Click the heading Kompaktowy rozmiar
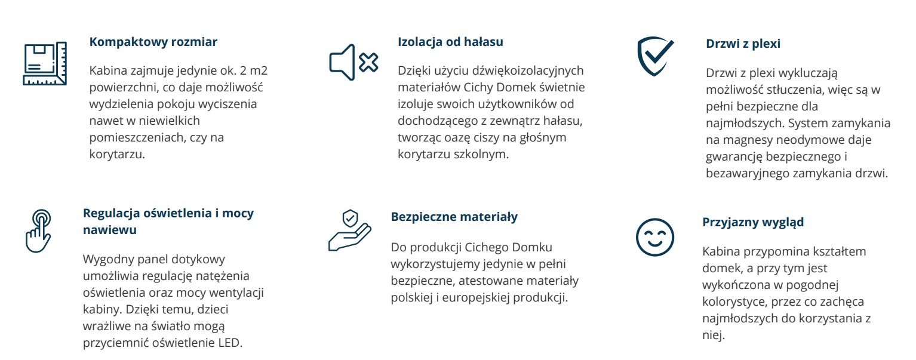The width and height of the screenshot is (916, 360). (153, 42)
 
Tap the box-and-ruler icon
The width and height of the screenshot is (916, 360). (44, 63)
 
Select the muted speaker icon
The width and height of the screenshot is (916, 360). (354, 62)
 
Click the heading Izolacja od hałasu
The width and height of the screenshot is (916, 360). (450, 42)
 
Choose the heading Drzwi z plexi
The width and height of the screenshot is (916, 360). (743, 44)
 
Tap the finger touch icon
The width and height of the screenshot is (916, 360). (39, 231)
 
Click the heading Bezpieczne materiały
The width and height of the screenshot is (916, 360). (454, 217)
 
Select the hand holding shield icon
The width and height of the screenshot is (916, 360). (350, 230)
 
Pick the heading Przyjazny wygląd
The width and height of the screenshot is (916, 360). (753, 222)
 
